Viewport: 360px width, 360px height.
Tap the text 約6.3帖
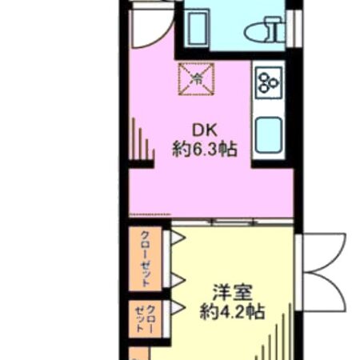(x=204, y=149)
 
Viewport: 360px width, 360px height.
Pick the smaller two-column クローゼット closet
(x=145, y=317)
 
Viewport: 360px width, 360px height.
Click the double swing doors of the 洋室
(x=324, y=264)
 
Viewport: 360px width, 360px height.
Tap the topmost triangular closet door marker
(x=178, y=238)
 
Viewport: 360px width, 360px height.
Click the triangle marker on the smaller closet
(x=178, y=308)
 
